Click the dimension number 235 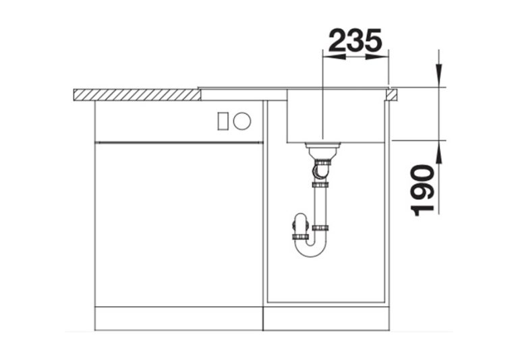[x=355, y=40]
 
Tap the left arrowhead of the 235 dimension [x=334, y=57]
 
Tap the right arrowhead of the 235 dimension [x=377, y=57]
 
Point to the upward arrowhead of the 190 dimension [x=438, y=152]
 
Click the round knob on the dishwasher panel [x=242, y=121]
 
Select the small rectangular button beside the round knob [x=223, y=121]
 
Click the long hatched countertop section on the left [x=137, y=95]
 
